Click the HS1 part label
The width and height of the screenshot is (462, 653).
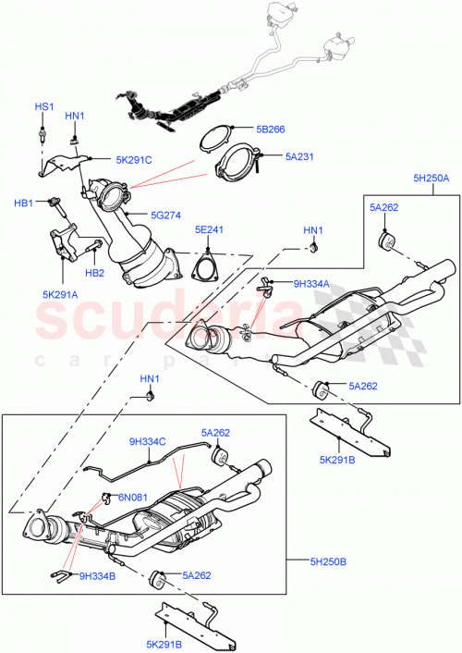coord(44,107)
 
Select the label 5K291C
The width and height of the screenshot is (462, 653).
coord(134,160)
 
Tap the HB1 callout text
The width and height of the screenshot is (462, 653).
coord(23,203)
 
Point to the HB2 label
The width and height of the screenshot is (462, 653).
coord(94,274)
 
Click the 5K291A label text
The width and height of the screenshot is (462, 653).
coord(61,295)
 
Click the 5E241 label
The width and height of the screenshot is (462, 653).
coord(209,230)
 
